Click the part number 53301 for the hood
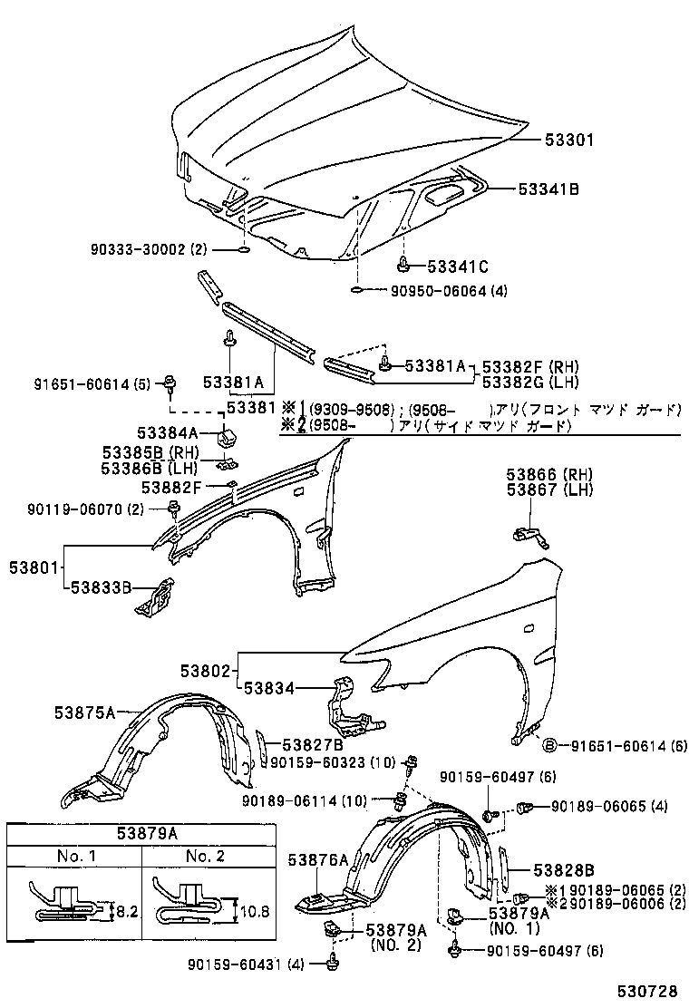coord(569,141)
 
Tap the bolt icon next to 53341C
coord(403,266)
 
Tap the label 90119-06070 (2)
coord(85,509)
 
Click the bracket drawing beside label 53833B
coord(156,596)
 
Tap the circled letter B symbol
coord(548,744)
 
